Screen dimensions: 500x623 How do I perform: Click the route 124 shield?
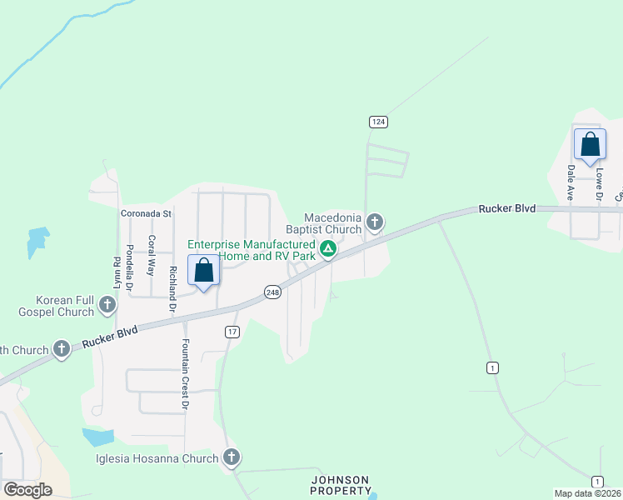379,122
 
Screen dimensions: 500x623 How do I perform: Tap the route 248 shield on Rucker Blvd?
272,292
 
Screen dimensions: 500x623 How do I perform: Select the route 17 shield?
232,332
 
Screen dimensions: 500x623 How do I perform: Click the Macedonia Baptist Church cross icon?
375,222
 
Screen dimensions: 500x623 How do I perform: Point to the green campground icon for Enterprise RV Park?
329,248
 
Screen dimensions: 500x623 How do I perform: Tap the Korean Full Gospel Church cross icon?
107,306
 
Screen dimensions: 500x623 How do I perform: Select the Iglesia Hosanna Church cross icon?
232,457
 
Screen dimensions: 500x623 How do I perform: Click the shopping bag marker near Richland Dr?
204,270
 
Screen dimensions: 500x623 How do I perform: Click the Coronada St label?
146,213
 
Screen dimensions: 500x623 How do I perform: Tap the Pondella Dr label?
130,262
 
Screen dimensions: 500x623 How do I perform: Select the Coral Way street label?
152,256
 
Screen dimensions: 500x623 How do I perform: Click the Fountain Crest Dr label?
184,374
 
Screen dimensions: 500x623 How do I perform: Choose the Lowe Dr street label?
598,185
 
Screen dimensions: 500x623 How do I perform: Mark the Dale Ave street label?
571,183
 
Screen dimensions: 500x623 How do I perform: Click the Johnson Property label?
341,485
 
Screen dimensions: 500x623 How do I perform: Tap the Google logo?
27,490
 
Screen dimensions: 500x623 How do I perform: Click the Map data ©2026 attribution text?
588,493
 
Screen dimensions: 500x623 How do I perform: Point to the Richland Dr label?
172,283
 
